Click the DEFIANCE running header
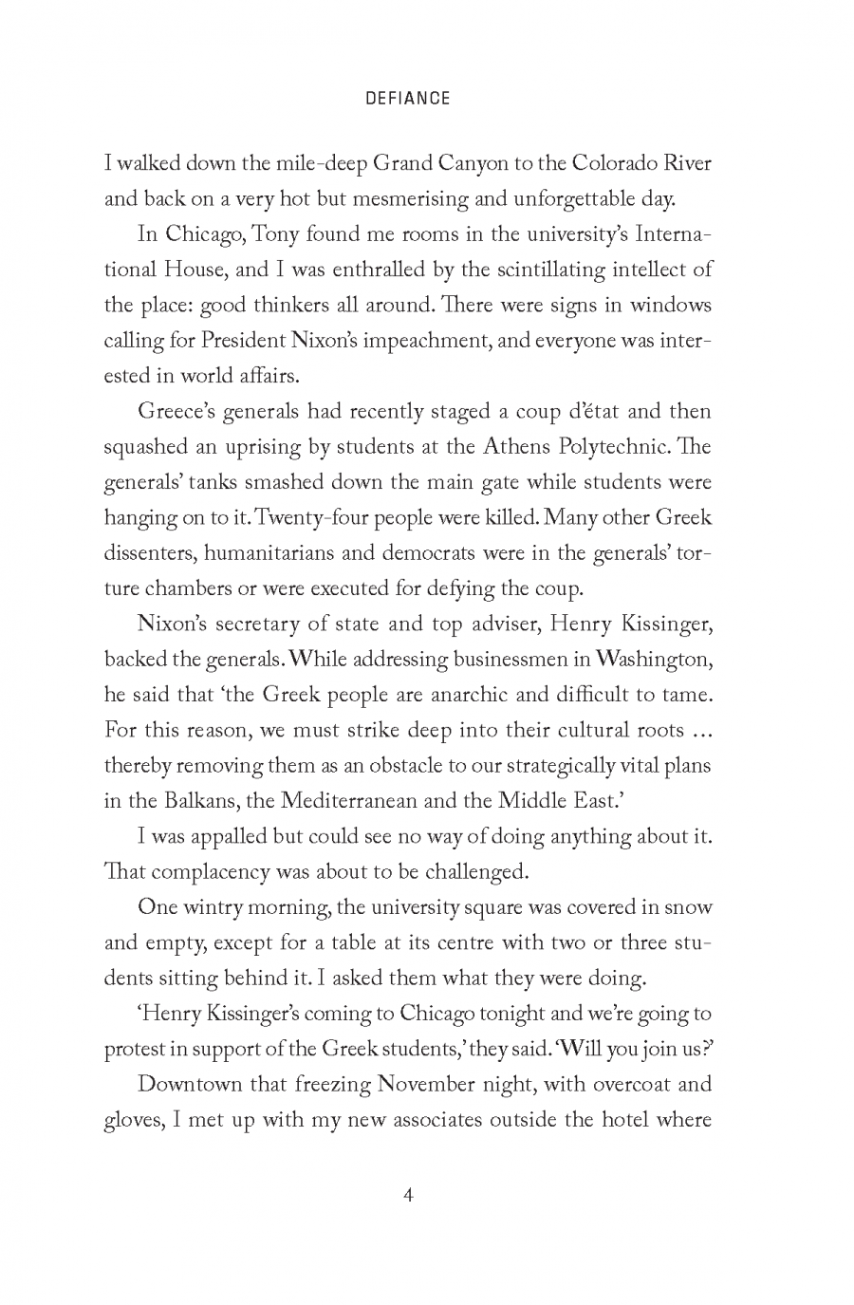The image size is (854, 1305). [x=407, y=99]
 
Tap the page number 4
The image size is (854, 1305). [x=407, y=1194]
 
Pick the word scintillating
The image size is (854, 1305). [x=518, y=270]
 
